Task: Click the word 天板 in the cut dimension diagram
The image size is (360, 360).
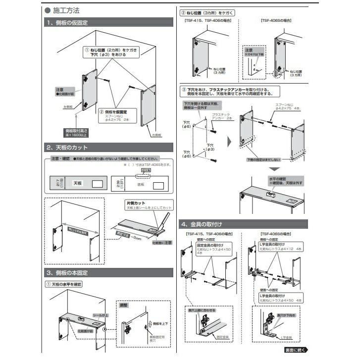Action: (x=78, y=183)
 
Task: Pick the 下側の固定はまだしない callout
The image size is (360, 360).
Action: (x=263, y=160)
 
